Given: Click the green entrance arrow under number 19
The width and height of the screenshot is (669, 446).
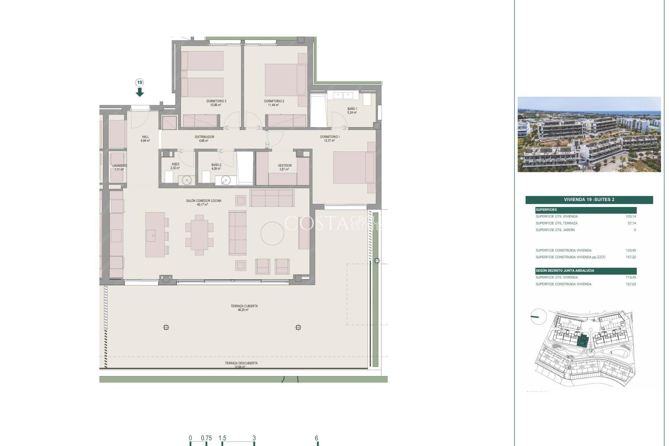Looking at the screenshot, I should pos(140,92).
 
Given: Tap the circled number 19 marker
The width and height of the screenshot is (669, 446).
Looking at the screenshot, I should pos(140,83).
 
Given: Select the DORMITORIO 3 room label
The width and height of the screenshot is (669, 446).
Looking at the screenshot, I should pos(216,103).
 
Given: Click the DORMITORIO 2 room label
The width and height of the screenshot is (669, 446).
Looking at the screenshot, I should pos(274,103).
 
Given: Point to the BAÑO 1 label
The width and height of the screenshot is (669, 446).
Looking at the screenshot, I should pos(352,110).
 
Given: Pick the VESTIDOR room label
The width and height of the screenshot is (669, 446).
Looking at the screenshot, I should pos(285,167).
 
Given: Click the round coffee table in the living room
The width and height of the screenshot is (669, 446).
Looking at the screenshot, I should pos(272,233).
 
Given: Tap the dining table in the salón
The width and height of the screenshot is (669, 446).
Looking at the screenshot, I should pos(199,235).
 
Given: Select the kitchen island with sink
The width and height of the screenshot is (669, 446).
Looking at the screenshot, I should pos(155,235).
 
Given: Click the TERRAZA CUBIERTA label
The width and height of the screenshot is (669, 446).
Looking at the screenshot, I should pos(244,308).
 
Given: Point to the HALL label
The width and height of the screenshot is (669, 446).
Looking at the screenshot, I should pos(145,139).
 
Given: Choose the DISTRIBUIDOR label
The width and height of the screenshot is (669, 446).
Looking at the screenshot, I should pos(204,139).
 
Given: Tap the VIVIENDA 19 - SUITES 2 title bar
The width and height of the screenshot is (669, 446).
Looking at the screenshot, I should pos(589,200).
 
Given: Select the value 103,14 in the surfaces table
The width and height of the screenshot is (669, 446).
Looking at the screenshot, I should pos(631,216).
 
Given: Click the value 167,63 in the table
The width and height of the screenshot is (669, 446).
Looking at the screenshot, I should pos(631,284).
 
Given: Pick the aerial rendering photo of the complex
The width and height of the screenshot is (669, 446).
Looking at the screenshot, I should pos(589,134).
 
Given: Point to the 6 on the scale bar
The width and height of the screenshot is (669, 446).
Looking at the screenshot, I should pos(316,438).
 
